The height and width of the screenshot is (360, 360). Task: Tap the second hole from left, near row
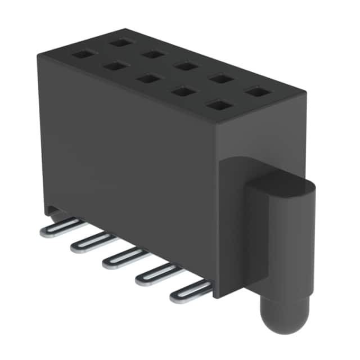coord(115,66)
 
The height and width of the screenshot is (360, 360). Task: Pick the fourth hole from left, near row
coord(182,91)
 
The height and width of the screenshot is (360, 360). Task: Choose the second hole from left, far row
coord(152,54)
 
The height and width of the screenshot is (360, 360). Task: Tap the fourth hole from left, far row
coord(220,78)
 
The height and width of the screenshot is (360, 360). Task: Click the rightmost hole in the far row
coord(256,91)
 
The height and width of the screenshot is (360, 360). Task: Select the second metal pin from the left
coord(91,241)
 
